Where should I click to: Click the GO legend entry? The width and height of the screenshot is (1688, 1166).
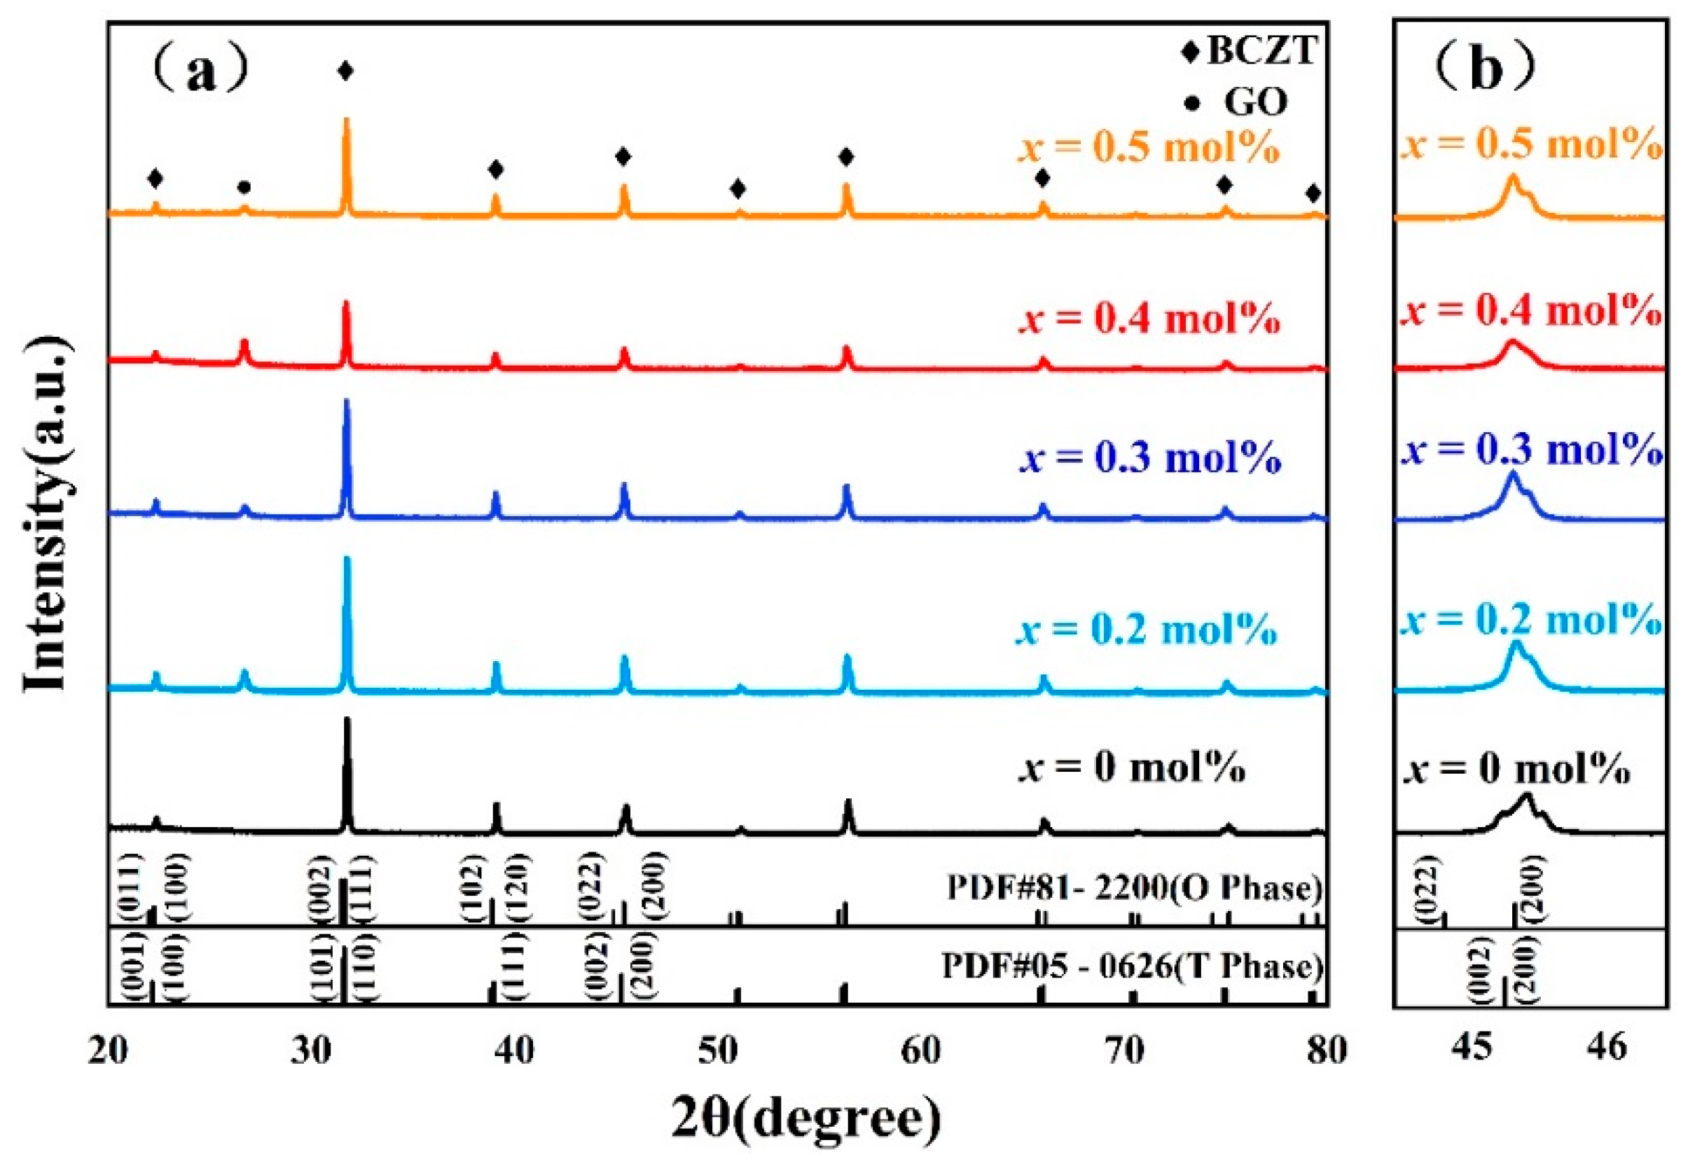tap(1254, 102)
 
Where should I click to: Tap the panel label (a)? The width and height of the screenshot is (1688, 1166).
tap(201, 71)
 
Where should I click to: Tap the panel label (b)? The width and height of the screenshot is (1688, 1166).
tap(1486, 69)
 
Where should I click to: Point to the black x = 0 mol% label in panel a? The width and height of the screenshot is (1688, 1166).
tap(1132, 768)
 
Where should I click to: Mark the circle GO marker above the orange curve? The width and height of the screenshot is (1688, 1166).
tap(245, 188)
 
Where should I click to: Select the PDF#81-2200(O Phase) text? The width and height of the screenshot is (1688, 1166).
tap(1134, 889)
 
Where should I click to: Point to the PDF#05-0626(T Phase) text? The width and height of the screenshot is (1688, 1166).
tap(1132, 966)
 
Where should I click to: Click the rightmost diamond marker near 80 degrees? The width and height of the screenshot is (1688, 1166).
tap(1313, 193)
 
